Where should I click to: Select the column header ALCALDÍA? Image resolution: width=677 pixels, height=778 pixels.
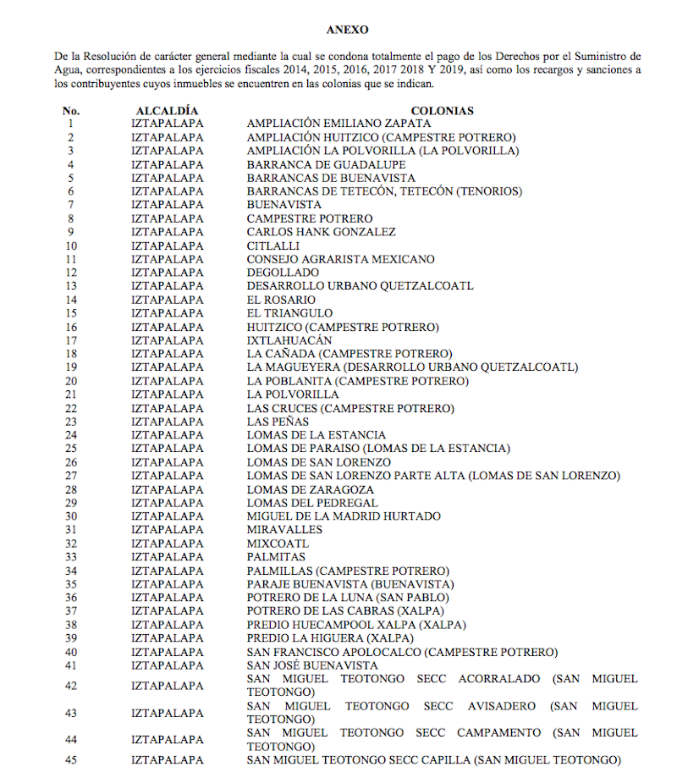tap(168, 111)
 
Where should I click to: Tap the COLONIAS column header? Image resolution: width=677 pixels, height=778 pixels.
tap(442, 111)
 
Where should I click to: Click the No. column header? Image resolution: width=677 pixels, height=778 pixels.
tap(71, 111)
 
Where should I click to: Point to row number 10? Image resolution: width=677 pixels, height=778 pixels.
tap(71, 246)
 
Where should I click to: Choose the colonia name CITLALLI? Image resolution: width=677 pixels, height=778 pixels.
tap(273, 246)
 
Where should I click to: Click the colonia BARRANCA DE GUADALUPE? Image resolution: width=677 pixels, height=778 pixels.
tap(326, 165)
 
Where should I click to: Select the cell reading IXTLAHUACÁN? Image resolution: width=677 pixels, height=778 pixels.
tap(289, 341)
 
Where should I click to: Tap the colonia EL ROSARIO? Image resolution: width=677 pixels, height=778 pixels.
tap(281, 301)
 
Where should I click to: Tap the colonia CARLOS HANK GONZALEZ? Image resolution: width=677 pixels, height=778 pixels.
tap(322, 233)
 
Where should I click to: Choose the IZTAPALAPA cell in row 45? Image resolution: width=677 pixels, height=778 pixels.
tap(168, 760)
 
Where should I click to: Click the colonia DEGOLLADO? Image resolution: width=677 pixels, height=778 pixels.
tap(283, 273)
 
